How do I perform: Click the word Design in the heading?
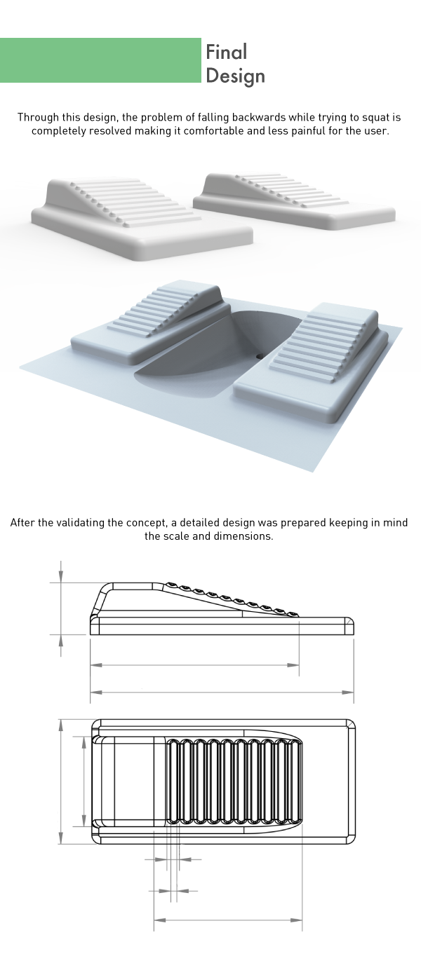coord(235,75)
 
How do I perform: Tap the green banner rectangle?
coord(100,60)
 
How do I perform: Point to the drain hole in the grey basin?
coord(261,355)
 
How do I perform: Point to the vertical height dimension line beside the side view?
coord(62,608)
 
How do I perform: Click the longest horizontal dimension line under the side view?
coord(222,693)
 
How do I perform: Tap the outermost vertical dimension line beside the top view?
coord(62,782)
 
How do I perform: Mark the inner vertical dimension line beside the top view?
coord(84,782)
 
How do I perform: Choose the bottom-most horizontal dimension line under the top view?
coord(227,919)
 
